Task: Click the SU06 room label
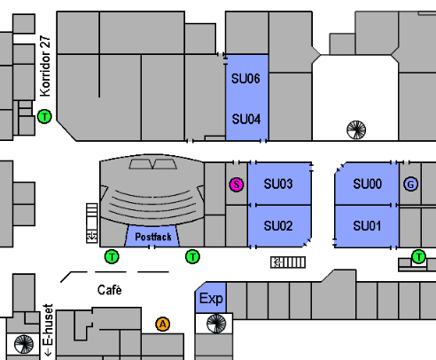245,79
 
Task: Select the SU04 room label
246,120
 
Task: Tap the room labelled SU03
279,184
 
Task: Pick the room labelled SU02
279,226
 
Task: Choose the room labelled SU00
367,184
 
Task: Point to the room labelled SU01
367,226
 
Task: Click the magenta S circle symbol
237,184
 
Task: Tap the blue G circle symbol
410,184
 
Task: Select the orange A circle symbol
163,325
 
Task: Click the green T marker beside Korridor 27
44,116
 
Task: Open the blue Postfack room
152,236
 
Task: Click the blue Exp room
211,298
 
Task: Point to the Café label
110,290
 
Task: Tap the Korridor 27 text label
45,67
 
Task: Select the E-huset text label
48,330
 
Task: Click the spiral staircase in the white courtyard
356,129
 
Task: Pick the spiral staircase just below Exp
216,324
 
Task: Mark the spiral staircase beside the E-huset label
24,344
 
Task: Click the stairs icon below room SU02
288,262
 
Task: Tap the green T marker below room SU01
418,256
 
